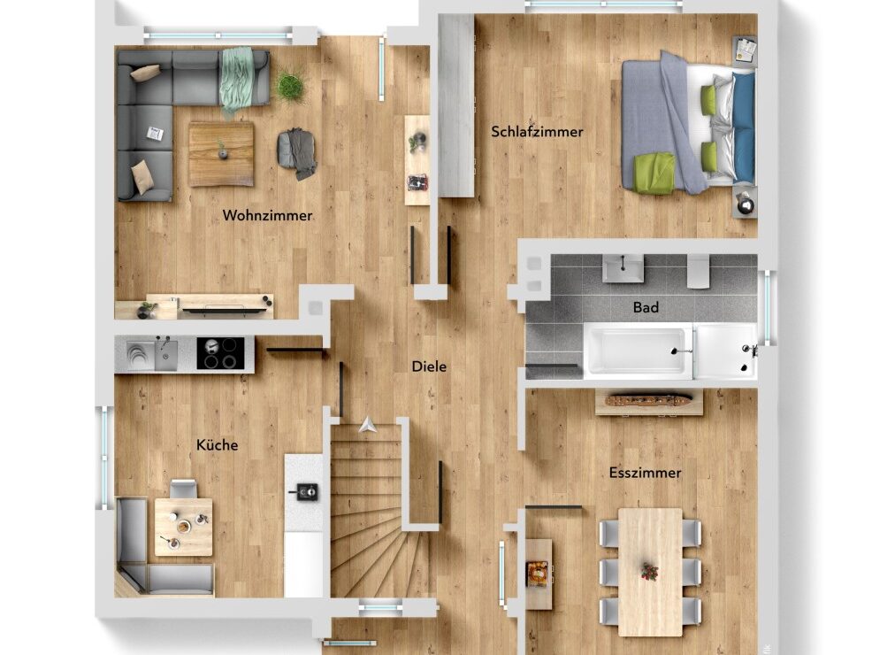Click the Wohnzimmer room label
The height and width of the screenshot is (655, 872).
pyautogui.click(x=267, y=215)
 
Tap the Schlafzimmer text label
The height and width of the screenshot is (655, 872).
pyautogui.click(x=537, y=132)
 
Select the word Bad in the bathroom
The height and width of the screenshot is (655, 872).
pyautogui.click(x=646, y=307)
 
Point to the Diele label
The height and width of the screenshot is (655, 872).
pyautogui.click(x=429, y=366)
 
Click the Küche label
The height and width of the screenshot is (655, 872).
pyautogui.click(x=217, y=444)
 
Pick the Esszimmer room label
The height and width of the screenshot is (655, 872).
pyautogui.click(x=645, y=473)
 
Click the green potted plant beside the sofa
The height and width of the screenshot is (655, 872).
pyautogui.click(x=290, y=86)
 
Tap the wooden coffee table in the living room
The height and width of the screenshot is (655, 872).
pyautogui.click(x=221, y=154)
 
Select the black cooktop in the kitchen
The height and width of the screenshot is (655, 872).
pyautogui.click(x=220, y=353)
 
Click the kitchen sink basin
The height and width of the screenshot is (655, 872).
pyautogui.click(x=165, y=355)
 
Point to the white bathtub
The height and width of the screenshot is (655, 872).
pyautogui.click(x=638, y=351)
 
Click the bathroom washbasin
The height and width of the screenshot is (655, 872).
pyautogui.click(x=623, y=269)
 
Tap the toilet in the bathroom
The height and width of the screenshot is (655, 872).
pyautogui.click(x=698, y=271)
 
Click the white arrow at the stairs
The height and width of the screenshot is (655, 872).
pyautogui.click(x=368, y=425)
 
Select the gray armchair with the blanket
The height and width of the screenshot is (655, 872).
pyautogui.click(x=296, y=153)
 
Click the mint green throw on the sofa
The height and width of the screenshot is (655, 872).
pyautogui.click(x=237, y=79)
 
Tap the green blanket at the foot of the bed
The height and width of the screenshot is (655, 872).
pyautogui.click(x=654, y=173)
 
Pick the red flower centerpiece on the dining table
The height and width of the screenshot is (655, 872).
pyautogui.click(x=649, y=572)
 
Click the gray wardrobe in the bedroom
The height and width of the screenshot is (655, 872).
pyautogui.click(x=456, y=105)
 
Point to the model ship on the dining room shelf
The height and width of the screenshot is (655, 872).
pyautogui.click(x=649, y=401)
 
